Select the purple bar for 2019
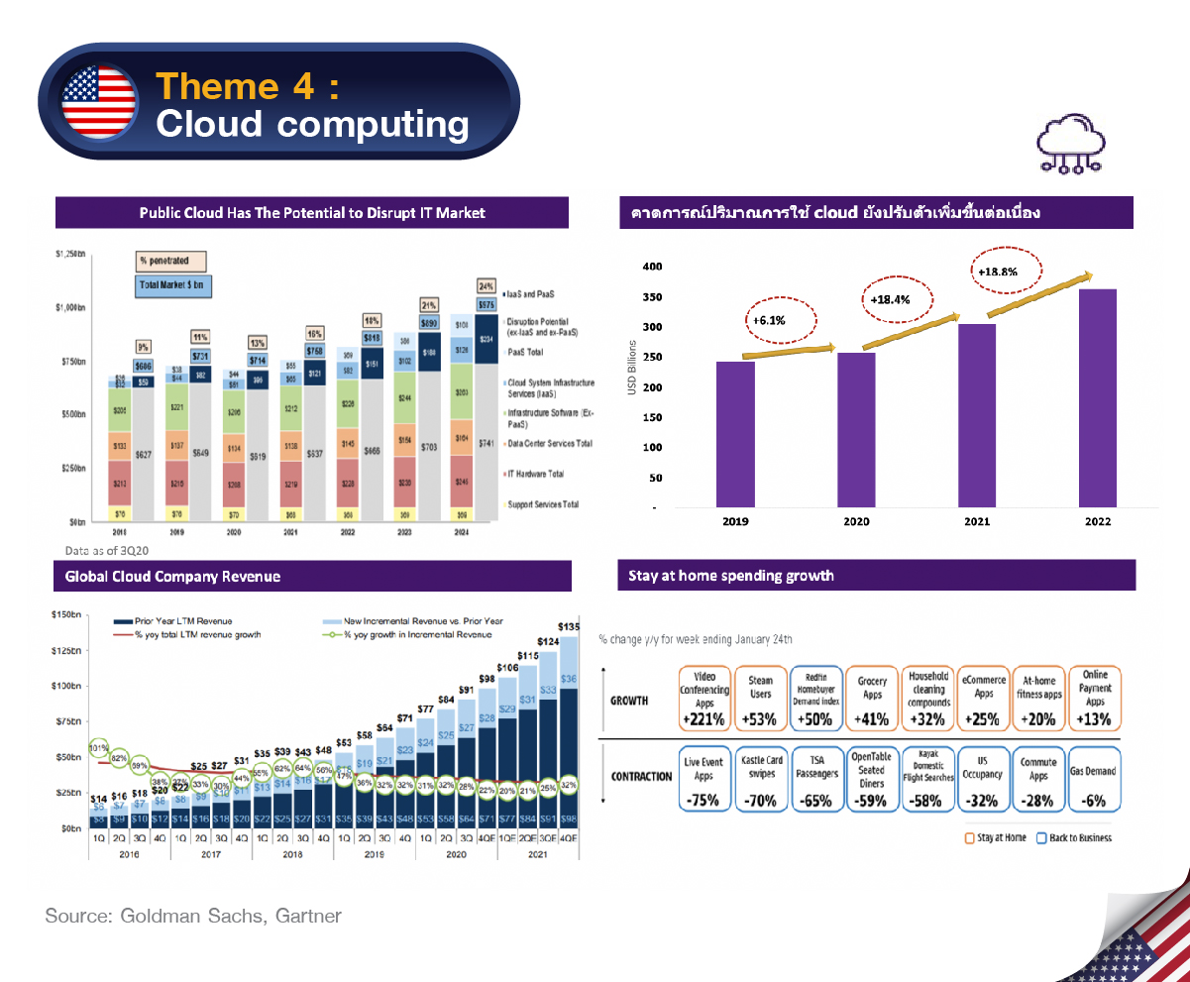tap(735, 434)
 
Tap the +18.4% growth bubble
tap(889, 299)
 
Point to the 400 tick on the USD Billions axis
tap(651, 267)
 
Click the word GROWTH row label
tap(629, 701)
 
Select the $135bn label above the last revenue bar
tap(569, 627)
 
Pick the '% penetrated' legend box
tap(170, 261)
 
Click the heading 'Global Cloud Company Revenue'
tap(173, 577)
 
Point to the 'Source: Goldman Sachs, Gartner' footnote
tap(193, 916)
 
